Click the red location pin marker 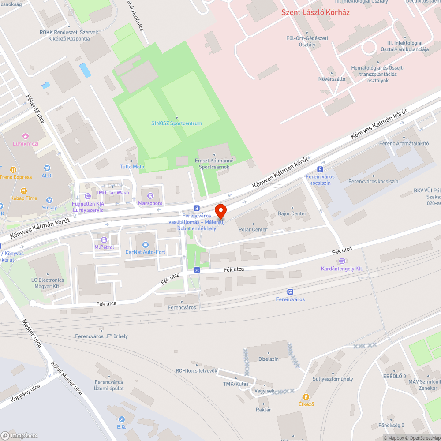point(220,211)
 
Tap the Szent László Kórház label point(315,12)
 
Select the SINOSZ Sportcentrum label point(177,123)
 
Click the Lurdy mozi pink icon point(26,137)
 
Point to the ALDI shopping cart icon point(47,168)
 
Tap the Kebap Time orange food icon point(24,191)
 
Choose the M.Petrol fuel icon point(104,240)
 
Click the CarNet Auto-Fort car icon point(146,245)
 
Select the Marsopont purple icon point(150,196)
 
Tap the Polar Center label point(253,229)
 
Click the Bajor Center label point(292,213)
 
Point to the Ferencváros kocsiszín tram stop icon point(320,169)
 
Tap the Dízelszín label point(269,359)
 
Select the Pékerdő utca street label point(35,108)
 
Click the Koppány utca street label point(26,393)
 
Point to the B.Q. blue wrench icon point(122,419)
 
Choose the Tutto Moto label point(132,167)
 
